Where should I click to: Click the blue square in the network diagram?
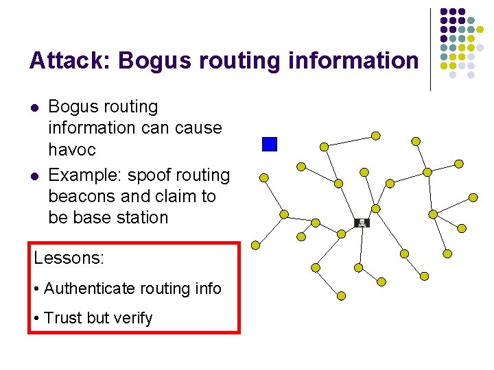(x=270, y=144)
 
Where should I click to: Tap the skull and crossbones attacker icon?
(x=362, y=223)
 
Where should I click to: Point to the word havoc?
(x=72, y=149)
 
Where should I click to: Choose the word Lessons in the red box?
(x=69, y=258)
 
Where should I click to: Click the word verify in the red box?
(x=135, y=318)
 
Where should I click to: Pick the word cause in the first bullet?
(x=198, y=128)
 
